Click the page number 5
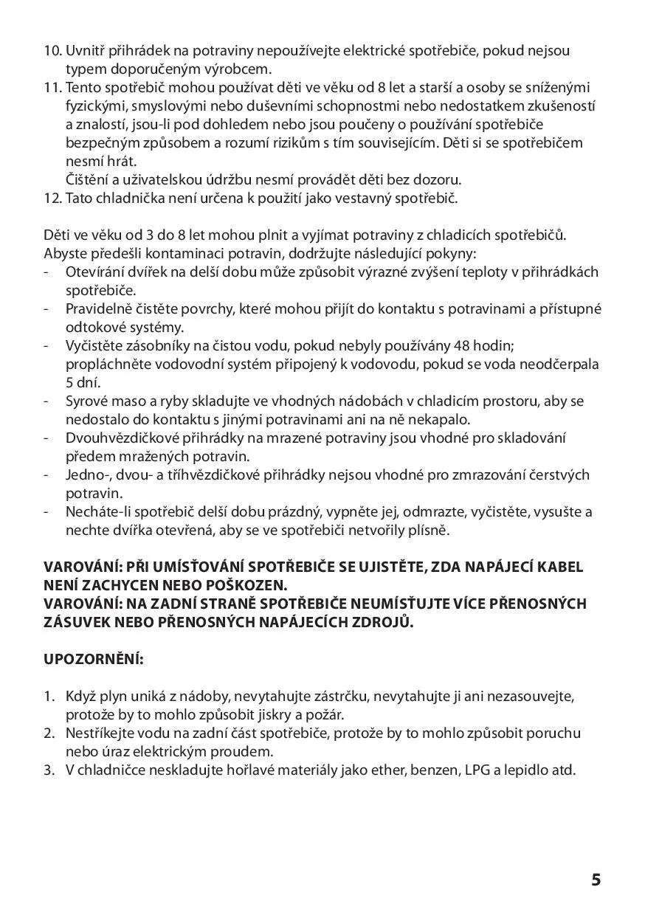tap(596, 880)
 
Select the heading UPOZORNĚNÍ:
tap(94, 658)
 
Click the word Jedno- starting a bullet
tap(88, 475)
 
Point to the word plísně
tap(430, 531)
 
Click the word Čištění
tap(89, 179)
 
